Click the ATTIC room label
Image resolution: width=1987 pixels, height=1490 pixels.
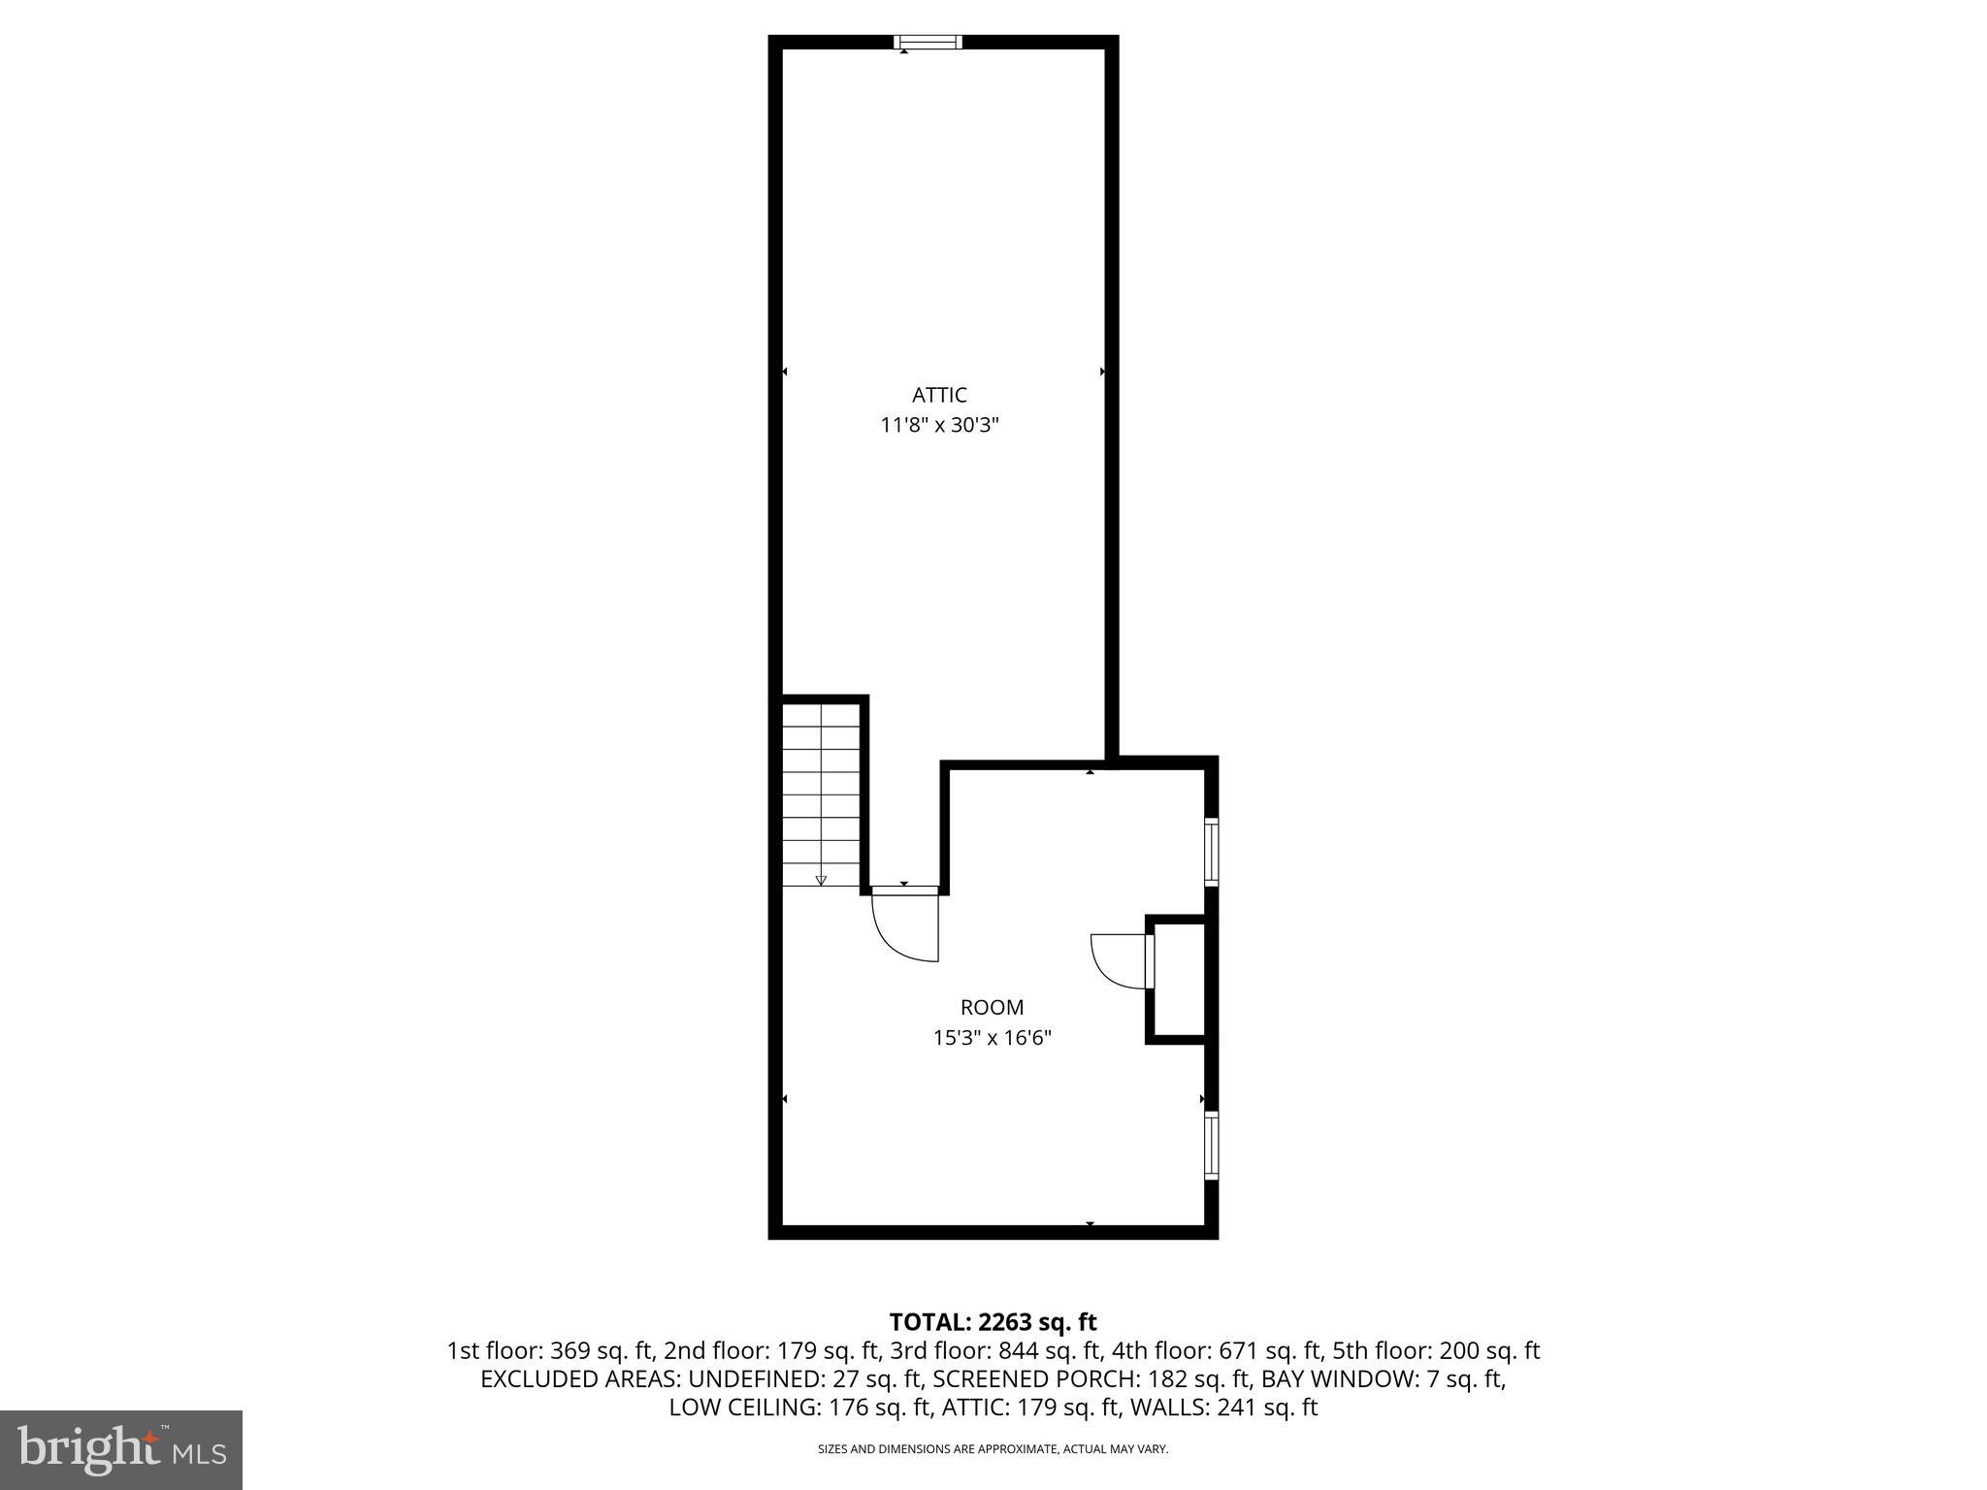click(939, 395)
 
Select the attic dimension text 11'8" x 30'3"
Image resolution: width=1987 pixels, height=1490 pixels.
click(939, 425)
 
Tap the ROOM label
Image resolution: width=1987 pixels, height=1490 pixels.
click(992, 1007)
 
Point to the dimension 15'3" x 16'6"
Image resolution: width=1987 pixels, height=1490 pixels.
click(992, 1038)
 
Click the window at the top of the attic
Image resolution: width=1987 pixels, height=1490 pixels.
click(928, 42)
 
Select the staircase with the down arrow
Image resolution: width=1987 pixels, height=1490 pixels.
click(821, 794)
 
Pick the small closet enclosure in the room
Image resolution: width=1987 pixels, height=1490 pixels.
click(1179, 979)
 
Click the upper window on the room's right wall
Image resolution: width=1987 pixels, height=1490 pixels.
click(1211, 851)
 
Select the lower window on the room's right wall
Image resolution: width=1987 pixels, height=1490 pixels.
click(1211, 1146)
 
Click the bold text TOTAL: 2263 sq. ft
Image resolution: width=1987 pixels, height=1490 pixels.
click(993, 1321)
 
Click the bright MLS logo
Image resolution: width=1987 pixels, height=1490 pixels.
click(121, 1449)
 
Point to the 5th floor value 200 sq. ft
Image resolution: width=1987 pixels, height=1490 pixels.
click(1489, 1350)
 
